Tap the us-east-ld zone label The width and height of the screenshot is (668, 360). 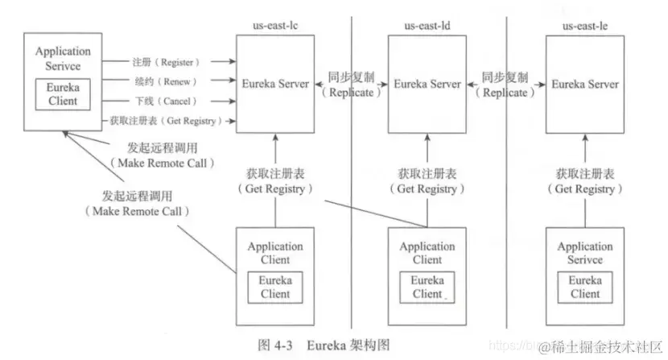[x=427, y=26]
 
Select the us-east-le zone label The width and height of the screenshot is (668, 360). [x=584, y=27]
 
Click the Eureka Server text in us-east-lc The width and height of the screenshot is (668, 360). [x=275, y=84]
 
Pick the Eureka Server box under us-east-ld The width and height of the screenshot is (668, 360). [x=427, y=85]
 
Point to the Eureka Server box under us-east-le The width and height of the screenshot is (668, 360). [x=585, y=85]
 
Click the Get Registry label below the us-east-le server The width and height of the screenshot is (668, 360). [x=585, y=181]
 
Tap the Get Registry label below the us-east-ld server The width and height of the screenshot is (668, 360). [x=427, y=181]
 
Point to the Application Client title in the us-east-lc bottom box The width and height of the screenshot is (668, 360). [x=275, y=253]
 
